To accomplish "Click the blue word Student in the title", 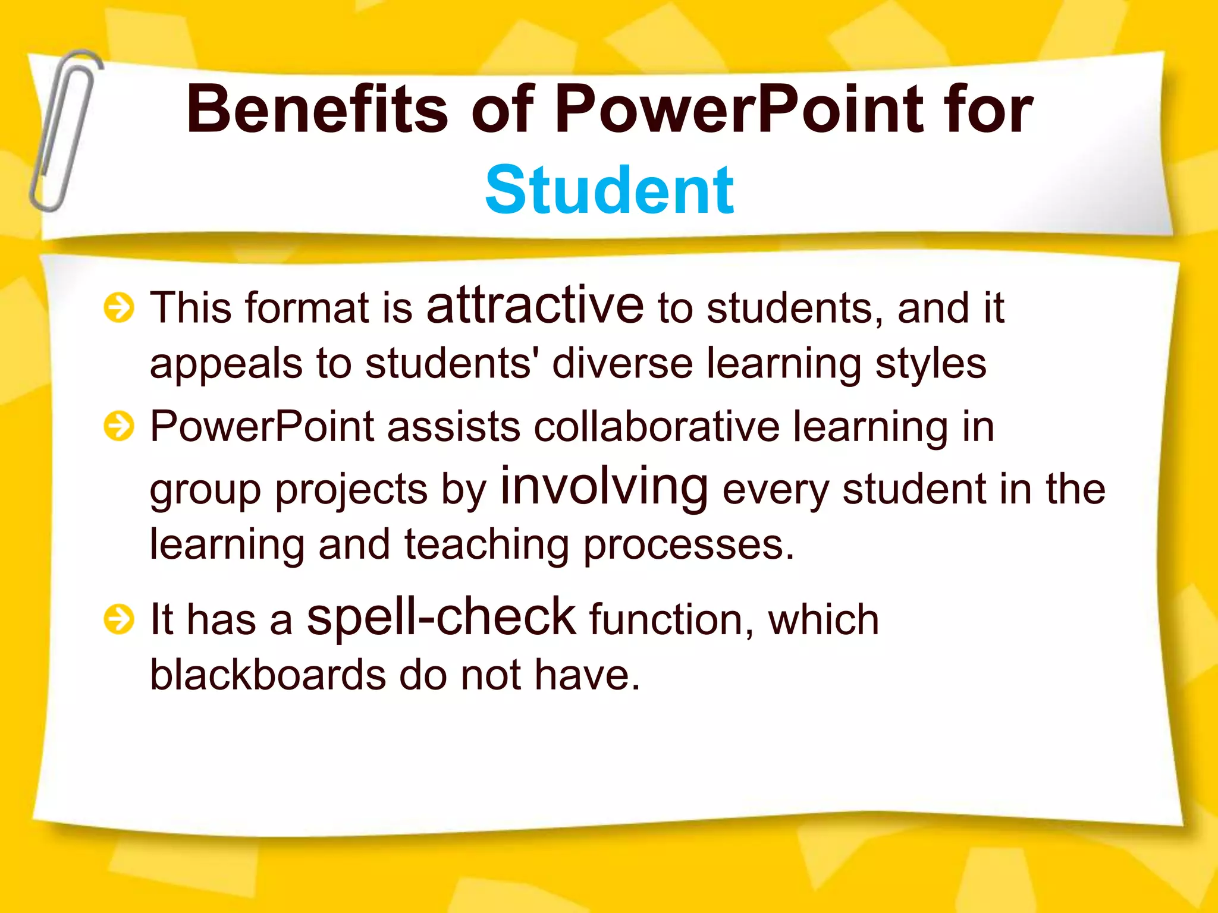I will click(x=610, y=190).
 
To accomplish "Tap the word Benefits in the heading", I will click(x=317, y=109).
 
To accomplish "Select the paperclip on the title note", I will click(x=64, y=131).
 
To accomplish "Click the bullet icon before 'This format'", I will click(x=119, y=308).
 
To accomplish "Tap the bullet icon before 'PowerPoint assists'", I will click(x=119, y=426).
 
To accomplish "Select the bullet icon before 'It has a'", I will click(x=119, y=619).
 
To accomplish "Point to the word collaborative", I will click(x=657, y=426).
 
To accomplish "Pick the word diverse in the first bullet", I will click(x=622, y=363).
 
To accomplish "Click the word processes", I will click(x=688, y=545).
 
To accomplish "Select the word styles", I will click(x=931, y=364).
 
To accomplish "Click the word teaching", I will click(x=486, y=545).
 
